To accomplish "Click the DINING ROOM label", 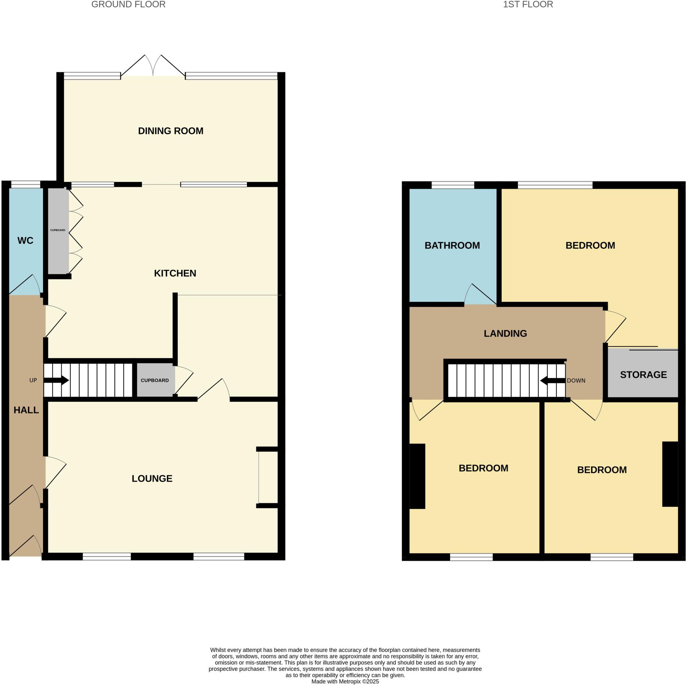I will tap(171, 131).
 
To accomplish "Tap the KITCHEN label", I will tap(175, 273).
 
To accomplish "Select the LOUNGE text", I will tap(152, 478).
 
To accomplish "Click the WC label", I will tap(25, 241).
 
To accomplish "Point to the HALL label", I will tap(26, 410).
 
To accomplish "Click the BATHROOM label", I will tap(452, 245).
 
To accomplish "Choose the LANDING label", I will tap(505, 333).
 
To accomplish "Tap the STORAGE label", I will tap(643, 375).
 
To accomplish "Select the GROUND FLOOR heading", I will tap(128, 5).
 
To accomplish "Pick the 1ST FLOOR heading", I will tap(528, 5).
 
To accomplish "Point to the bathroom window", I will tap(453, 185).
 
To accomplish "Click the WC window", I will tap(25, 184).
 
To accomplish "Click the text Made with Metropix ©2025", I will tap(345, 681).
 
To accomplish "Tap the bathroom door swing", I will tap(478, 295).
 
